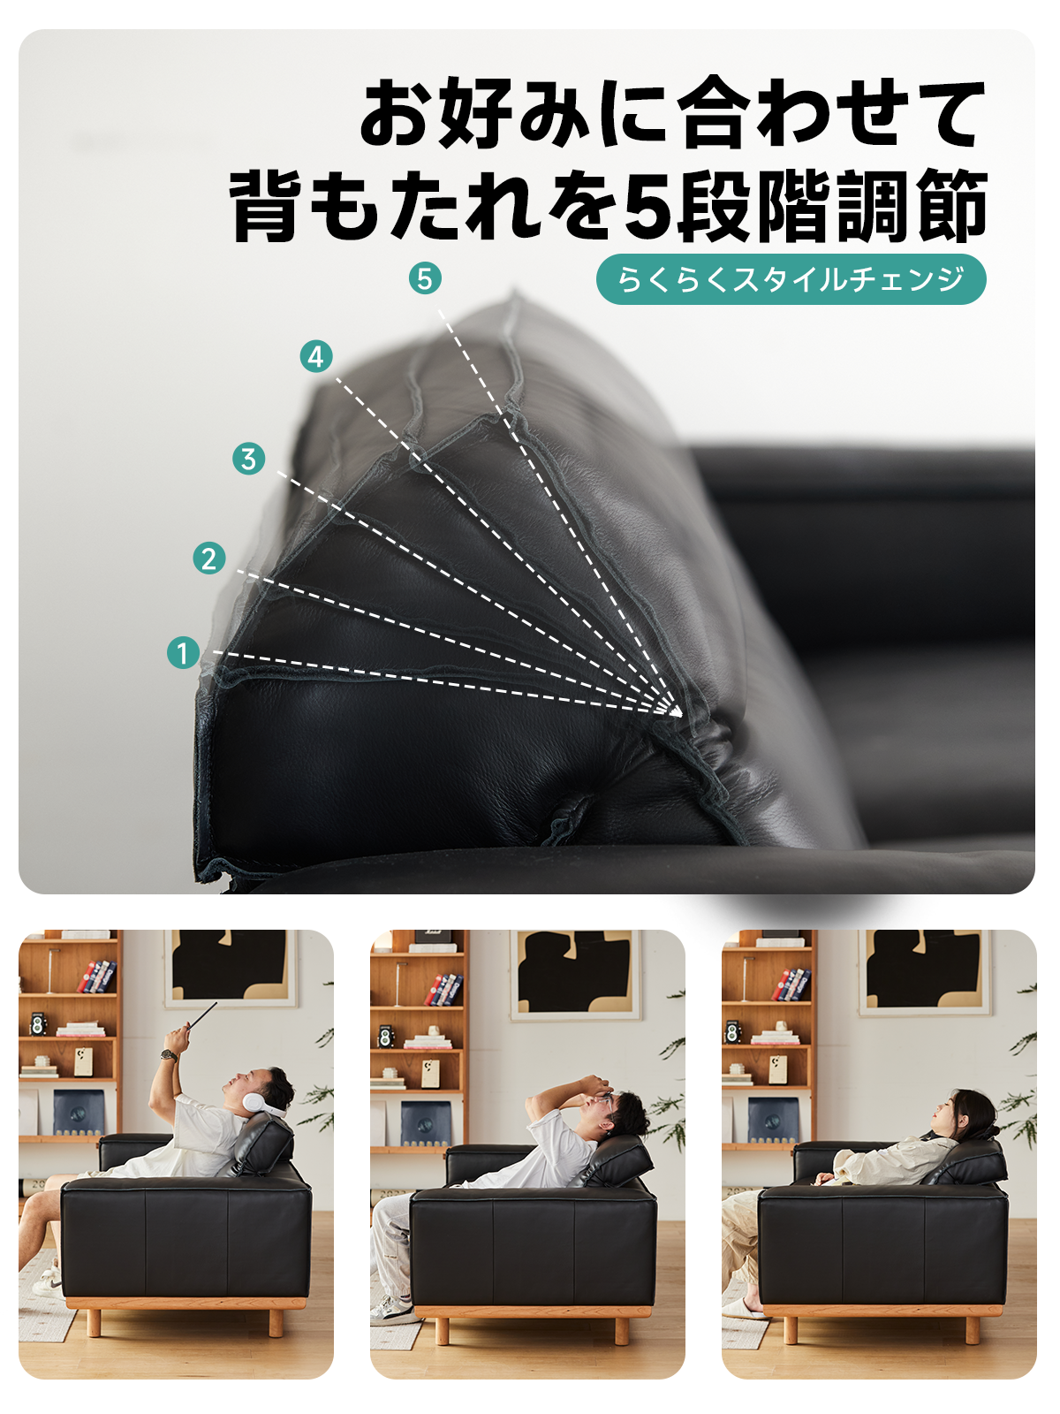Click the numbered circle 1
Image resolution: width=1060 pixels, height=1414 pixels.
pyautogui.click(x=183, y=652)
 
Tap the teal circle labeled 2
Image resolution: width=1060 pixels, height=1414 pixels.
pyautogui.click(x=209, y=558)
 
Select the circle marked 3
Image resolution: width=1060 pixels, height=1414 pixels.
pyautogui.click(x=248, y=459)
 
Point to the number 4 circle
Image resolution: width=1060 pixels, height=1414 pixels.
pyautogui.click(x=316, y=356)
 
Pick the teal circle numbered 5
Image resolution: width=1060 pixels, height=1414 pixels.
pyautogui.click(x=425, y=278)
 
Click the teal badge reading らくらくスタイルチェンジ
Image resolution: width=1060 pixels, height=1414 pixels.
pyautogui.click(x=791, y=279)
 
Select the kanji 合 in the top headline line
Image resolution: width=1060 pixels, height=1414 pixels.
pyautogui.click(x=715, y=113)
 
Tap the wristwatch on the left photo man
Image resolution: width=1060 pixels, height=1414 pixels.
pyautogui.click(x=170, y=1055)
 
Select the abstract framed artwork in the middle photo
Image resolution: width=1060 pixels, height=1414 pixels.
pyautogui.click(x=575, y=976)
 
